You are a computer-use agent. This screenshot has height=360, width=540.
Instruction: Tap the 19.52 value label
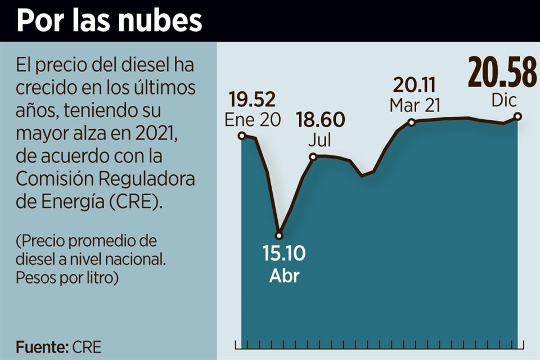253,100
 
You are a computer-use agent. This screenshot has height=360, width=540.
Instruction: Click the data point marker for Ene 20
242,136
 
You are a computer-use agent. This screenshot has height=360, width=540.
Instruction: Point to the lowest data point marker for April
278,235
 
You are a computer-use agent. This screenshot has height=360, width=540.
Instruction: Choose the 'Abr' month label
284,276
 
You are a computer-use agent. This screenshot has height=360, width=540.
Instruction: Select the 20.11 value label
416,85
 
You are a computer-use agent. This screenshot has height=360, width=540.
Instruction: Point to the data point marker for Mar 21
411,122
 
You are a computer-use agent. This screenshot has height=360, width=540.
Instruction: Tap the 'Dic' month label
503,101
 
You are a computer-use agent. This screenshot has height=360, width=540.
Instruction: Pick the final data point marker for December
518,116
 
